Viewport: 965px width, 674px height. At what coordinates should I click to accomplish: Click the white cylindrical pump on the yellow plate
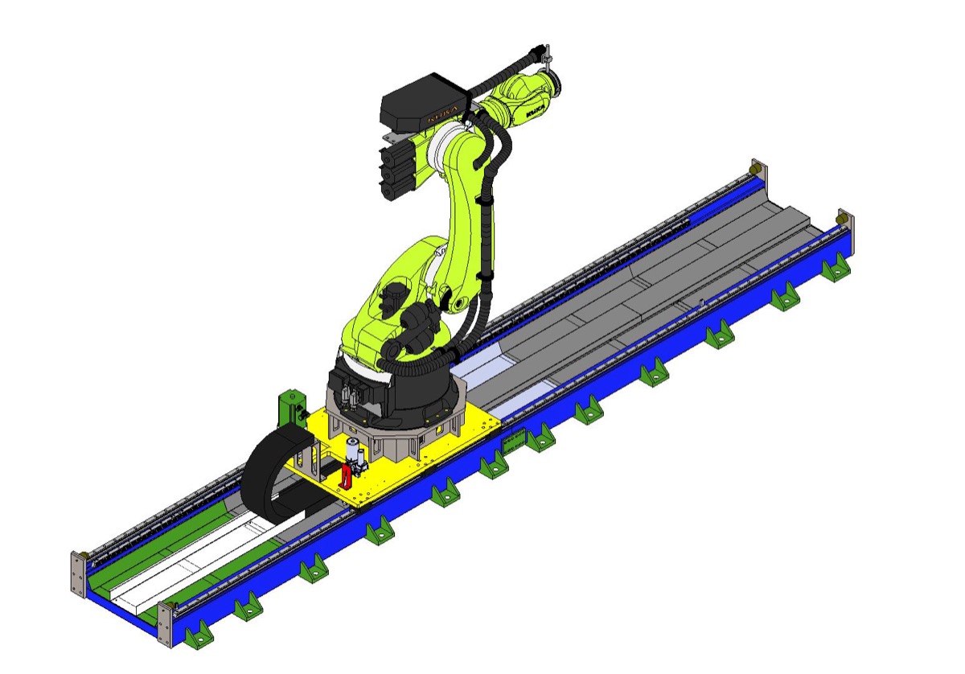[352, 451]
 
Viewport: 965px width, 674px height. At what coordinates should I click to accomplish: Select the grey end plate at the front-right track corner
[165, 624]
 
